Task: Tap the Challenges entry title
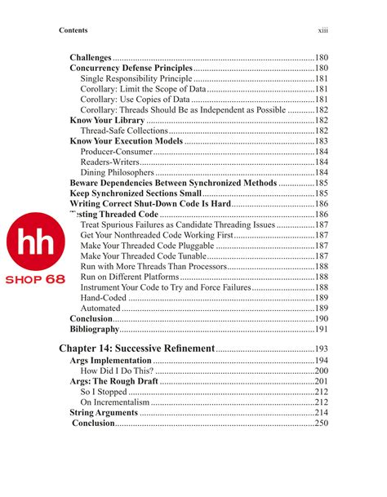(91, 57)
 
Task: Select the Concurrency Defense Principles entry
(131, 68)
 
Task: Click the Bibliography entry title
(95, 330)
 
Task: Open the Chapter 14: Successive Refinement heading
(137, 349)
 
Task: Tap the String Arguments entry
(103, 413)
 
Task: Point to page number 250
(321, 424)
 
